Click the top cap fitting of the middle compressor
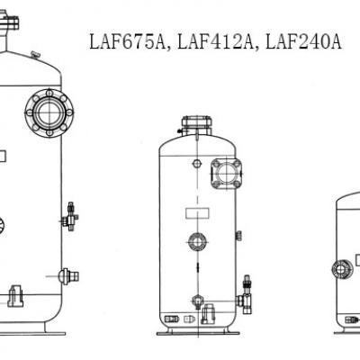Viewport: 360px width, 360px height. pos(195,124)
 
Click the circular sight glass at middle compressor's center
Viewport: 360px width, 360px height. pos(197,240)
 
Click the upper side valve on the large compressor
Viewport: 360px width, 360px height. pos(69,220)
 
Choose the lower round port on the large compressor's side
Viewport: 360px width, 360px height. pos(65,276)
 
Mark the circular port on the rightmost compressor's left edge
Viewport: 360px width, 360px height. pos(340,268)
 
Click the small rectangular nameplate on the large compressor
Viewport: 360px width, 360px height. pos(3,156)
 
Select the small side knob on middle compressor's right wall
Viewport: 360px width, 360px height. pos(238,236)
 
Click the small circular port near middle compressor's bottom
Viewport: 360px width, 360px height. pos(197,302)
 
